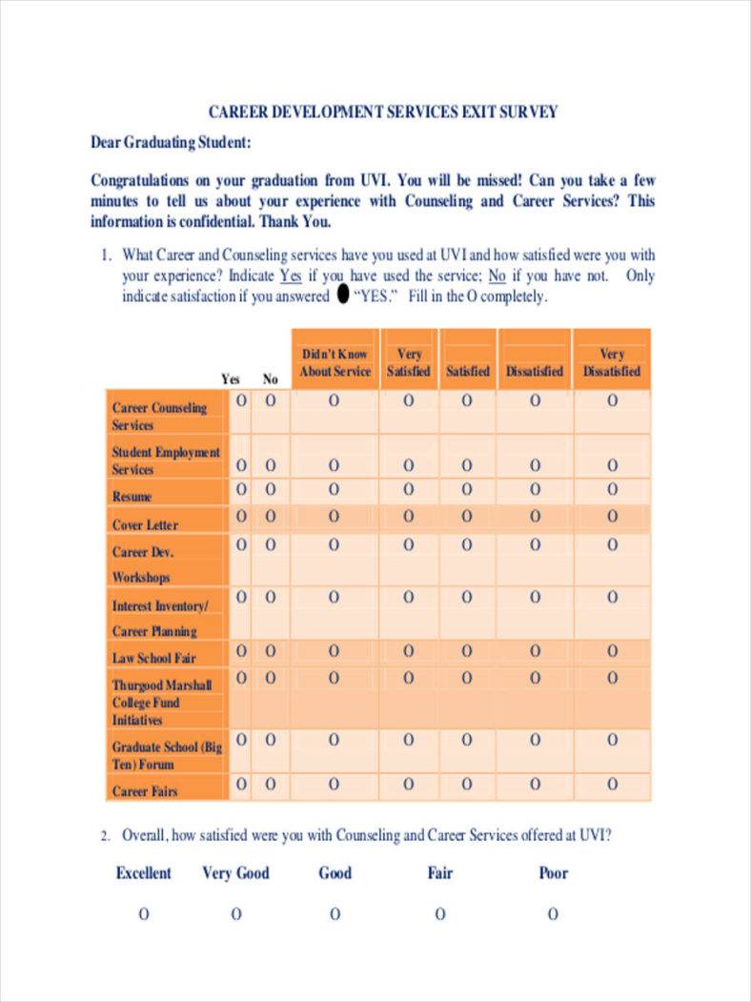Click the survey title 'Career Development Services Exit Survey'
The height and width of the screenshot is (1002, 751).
pyautogui.click(x=383, y=112)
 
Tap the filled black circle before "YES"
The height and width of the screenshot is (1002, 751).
pyautogui.click(x=343, y=296)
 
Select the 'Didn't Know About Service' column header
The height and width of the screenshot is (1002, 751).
pyautogui.click(x=335, y=362)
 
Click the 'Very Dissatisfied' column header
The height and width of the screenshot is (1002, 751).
pyautogui.click(x=612, y=362)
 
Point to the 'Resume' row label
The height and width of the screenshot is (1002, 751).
pyautogui.click(x=132, y=497)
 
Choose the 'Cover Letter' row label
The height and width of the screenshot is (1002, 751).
pyautogui.click(x=145, y=524)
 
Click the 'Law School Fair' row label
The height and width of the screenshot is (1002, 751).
pyautogui.click(x=153, y=658)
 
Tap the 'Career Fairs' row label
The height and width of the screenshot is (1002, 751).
pyautogui.click(x=145, y=791)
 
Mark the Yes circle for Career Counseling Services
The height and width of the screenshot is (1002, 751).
pyautogui.click(x=241, y=401)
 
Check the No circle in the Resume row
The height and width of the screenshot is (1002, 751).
pyautogui.click(x=271, y=490)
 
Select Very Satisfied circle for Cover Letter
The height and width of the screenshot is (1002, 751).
pyautogui.click(x=409, y=517)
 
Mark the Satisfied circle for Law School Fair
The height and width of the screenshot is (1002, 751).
pyautogui.click(x=467, y=650)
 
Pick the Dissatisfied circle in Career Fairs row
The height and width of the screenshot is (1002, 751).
pyautogui.click(x=535, y=784)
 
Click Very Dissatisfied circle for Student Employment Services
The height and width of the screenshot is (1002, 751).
pyautogui.click(x=612, y=465)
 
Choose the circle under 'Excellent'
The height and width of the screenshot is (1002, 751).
pyautogui.click(x=144, y=914)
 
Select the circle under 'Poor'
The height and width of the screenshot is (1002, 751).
pyautogui.click(x=553, y=914)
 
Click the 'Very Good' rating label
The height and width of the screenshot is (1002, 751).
pyautogui.click(x=235, y=872)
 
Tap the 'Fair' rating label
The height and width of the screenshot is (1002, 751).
pyautogui.click(x=440, y=872)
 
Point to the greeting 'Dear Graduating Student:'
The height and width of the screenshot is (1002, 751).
pyautogui.click(x=171, y=143)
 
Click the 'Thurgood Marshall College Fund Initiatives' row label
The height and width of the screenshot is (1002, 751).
pyautogui.click(x=162, y=703)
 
